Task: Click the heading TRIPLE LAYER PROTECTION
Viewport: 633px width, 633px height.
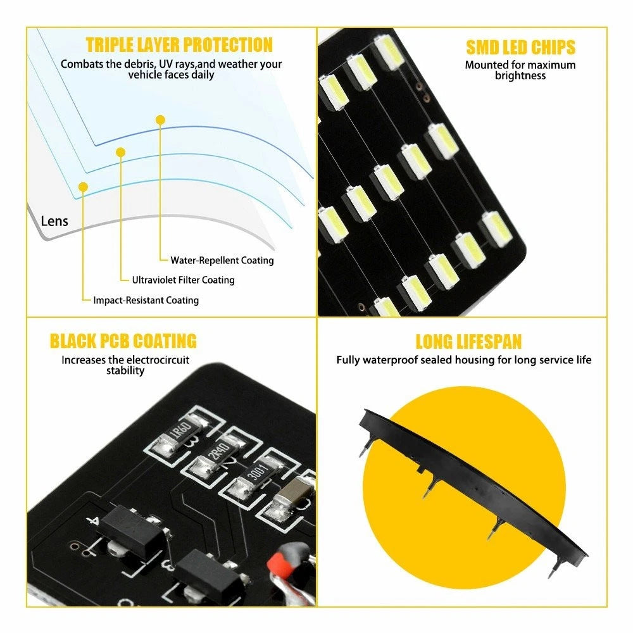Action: pos(179,45)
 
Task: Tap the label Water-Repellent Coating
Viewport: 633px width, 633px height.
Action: pos(222,260)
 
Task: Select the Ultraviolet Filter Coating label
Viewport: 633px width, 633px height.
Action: pos(184,280)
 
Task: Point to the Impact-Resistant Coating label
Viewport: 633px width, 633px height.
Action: pos(146,300)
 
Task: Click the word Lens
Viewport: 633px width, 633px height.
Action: pos(54,221)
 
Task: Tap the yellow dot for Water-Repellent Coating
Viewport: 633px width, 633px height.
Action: pos(160,120)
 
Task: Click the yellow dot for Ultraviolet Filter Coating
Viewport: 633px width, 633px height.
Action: pos(120,152)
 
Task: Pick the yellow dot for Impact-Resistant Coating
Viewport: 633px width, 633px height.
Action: pos(83,187)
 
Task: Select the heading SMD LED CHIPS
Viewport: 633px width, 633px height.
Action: pos(520,47)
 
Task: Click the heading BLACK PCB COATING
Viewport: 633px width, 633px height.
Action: pos(123,341)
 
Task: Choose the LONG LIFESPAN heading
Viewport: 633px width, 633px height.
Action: pos(468,342)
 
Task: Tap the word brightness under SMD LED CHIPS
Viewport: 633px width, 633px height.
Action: pos(520,76)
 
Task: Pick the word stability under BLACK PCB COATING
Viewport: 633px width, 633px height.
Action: pos(125,370)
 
